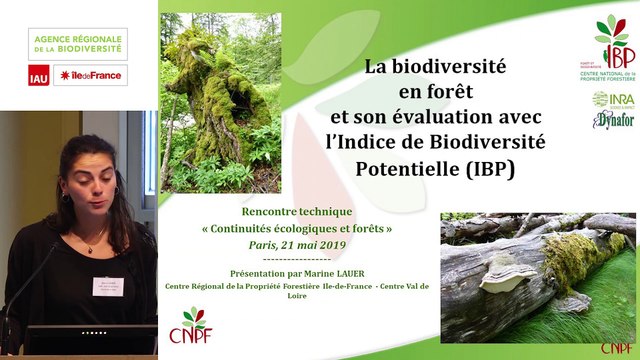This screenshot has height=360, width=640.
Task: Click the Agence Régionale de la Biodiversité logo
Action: [77, 43]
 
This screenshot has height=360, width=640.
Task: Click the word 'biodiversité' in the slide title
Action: [449, 68]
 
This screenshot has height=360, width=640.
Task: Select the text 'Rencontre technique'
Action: [297, 213]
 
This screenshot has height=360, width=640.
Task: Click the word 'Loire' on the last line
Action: [297, 297]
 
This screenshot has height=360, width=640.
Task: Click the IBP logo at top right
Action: [610, 45]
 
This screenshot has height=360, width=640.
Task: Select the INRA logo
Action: [612, 100]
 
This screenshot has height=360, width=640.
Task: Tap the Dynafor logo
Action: [612, 120]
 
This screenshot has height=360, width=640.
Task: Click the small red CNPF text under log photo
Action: [616, 348]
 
